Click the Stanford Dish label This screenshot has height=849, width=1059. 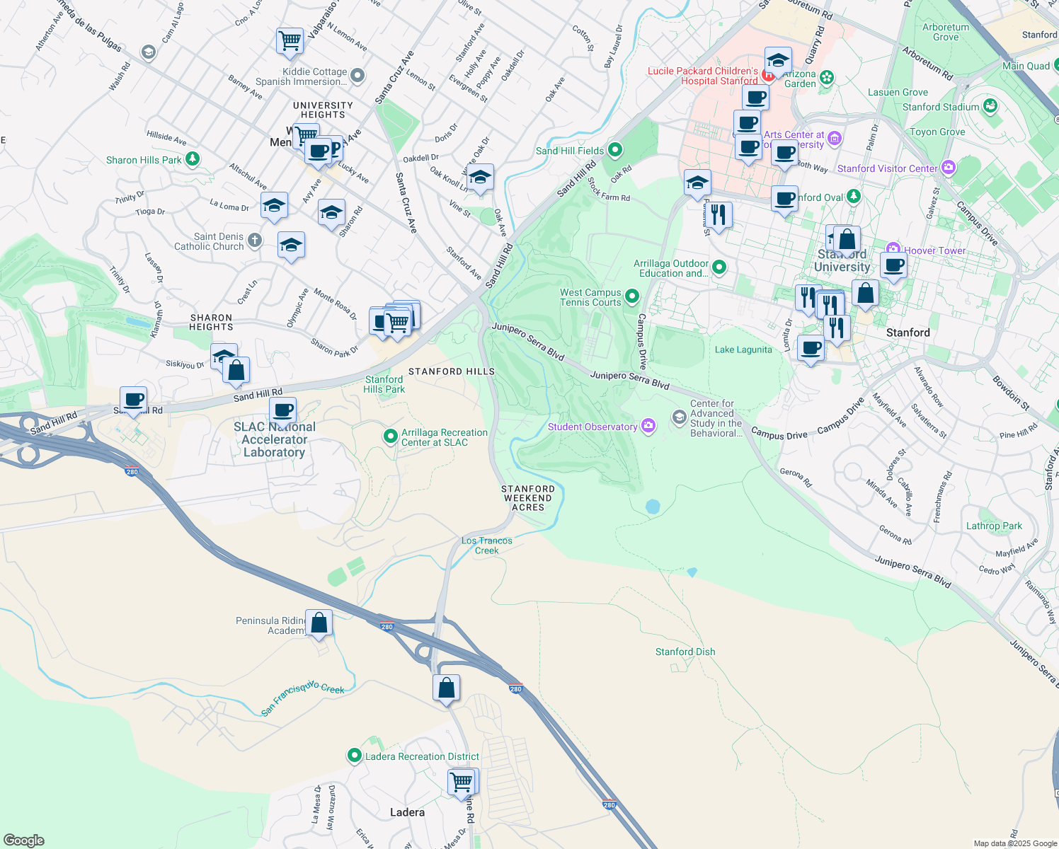685,652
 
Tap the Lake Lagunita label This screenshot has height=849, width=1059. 743,350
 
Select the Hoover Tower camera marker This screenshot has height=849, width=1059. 893,250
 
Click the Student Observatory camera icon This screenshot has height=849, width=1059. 648,426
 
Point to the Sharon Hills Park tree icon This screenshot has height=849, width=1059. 192,160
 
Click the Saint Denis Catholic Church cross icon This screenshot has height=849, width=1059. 255,241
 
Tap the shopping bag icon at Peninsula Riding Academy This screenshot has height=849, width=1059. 319,623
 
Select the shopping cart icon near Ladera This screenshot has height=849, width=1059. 462,782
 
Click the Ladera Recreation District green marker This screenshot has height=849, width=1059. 355,756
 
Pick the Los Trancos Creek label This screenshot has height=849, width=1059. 487,545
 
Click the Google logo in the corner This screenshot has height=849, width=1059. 23,840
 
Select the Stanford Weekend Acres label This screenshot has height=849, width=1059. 528,498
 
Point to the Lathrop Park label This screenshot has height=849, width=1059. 994,526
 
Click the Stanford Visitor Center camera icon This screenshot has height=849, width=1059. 948,168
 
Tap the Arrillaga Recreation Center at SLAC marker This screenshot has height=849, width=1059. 390,437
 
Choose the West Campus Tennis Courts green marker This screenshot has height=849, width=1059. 632,296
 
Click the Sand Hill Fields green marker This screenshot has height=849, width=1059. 615,150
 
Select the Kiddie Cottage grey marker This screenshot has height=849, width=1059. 357,75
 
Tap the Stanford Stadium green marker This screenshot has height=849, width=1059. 990,107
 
